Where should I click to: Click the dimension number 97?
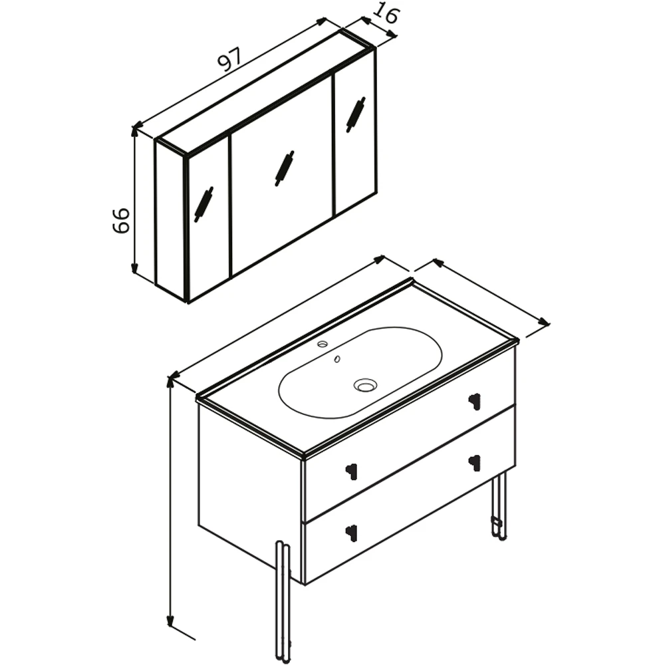(x=229, y=59)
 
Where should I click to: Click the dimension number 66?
(x=121, y=220)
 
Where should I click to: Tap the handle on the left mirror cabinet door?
(x=203, y=204)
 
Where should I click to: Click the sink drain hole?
(x=365, y=385)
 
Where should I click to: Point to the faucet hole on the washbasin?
(x=323, y=343)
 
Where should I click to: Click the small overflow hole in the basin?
(x=337, y=359)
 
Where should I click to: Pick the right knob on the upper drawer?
(x=475, y=400)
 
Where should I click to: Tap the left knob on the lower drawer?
(x=352, y=532)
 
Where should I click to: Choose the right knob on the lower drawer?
(x=475, y=462)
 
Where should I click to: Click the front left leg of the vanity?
(x=283, y=602)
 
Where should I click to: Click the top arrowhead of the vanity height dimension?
(x=170, y=381)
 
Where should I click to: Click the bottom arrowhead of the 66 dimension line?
(x=134, y=268)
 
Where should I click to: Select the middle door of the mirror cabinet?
(x=281, y=177)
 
